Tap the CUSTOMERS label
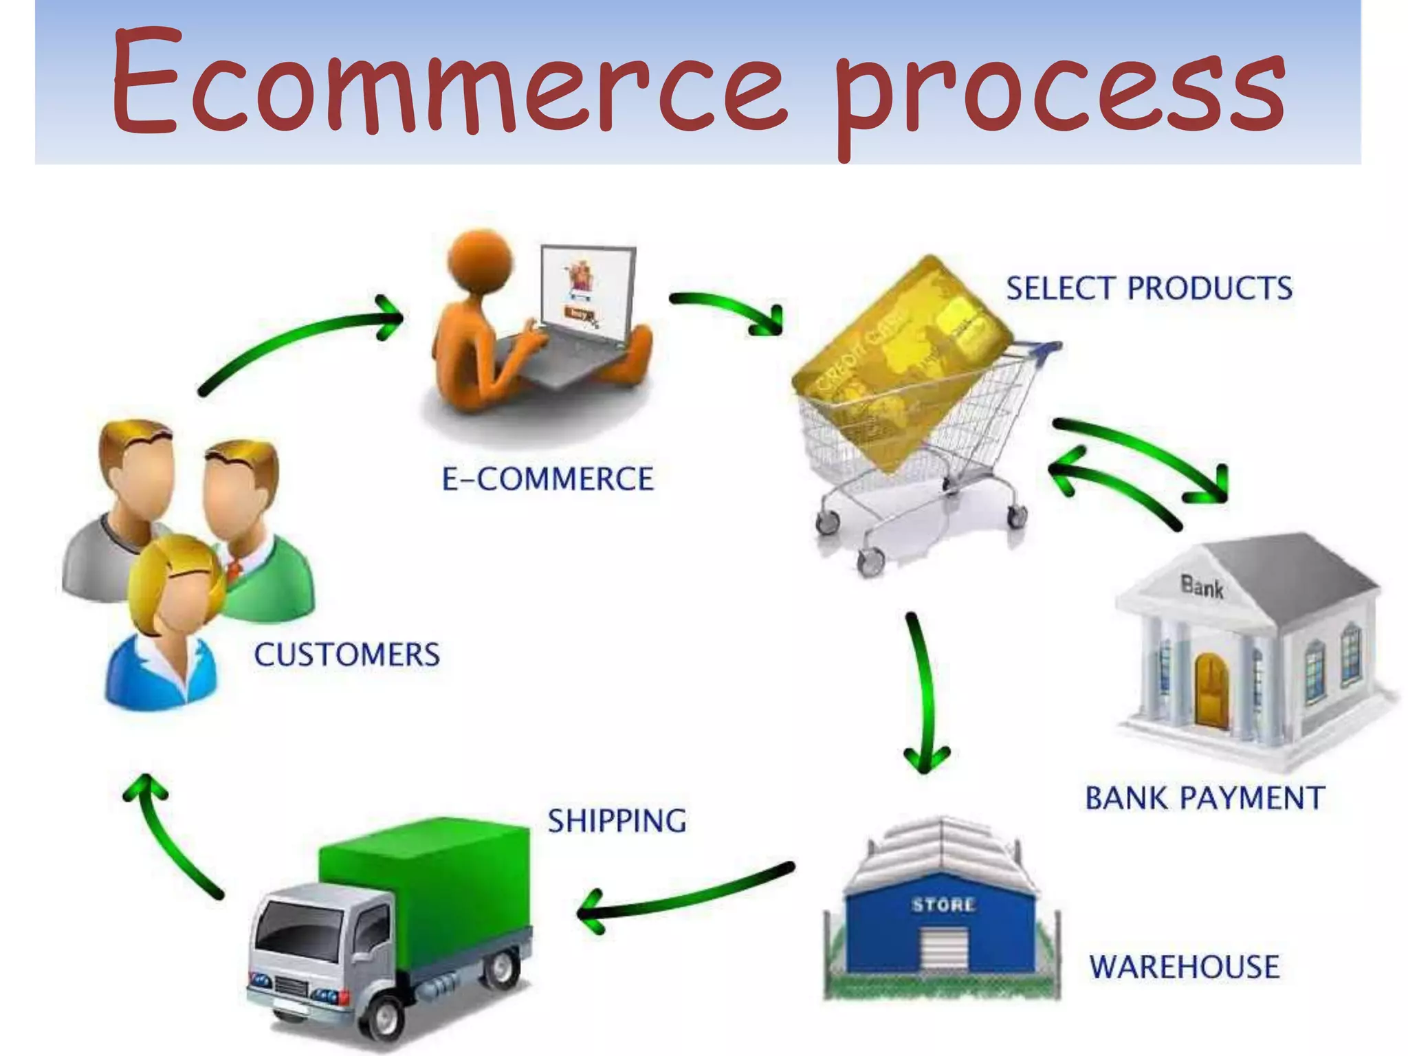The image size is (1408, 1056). point(346,654)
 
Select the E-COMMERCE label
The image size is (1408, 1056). point(547,479)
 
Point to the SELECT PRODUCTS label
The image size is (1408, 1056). point(1149,288)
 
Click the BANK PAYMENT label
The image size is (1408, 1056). point(1204,798)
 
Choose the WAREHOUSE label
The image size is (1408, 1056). point(1184,967)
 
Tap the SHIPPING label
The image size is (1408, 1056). point(617,821)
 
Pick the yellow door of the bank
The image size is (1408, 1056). point(1211,691)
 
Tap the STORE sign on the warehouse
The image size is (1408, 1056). point(943,905)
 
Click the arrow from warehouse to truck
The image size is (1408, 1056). point(687,894)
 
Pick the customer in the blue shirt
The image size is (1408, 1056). point(165,646)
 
